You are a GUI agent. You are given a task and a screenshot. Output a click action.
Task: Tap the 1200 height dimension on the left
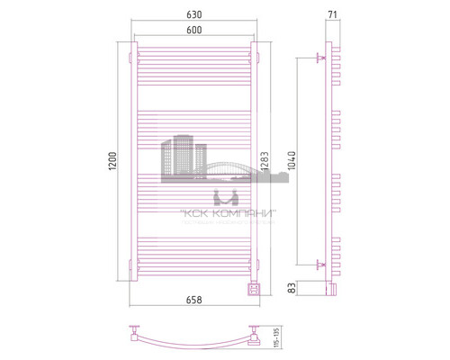pyautogui.click(x=112, y=161)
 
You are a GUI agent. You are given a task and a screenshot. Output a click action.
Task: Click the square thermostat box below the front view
pyautogui.click(x=253, y=287)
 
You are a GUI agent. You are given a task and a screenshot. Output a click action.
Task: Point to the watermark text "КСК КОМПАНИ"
pyautogui.click(x=225, y=212)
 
